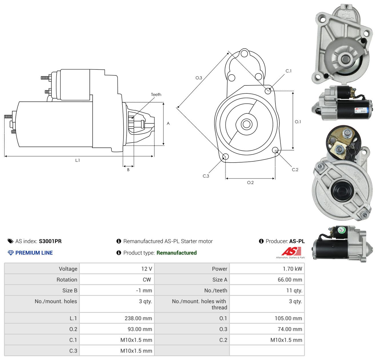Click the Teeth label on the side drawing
point(156,95)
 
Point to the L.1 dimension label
point(77,160)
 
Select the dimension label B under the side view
point(128,170)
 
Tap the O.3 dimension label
point(199,78)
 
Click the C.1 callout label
point(288,71)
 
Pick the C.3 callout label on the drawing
point(206,176)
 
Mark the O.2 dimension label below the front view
point(250,182)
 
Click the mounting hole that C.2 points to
point(275,150)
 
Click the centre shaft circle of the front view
point(246,124)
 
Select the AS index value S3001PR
point(50,241)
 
